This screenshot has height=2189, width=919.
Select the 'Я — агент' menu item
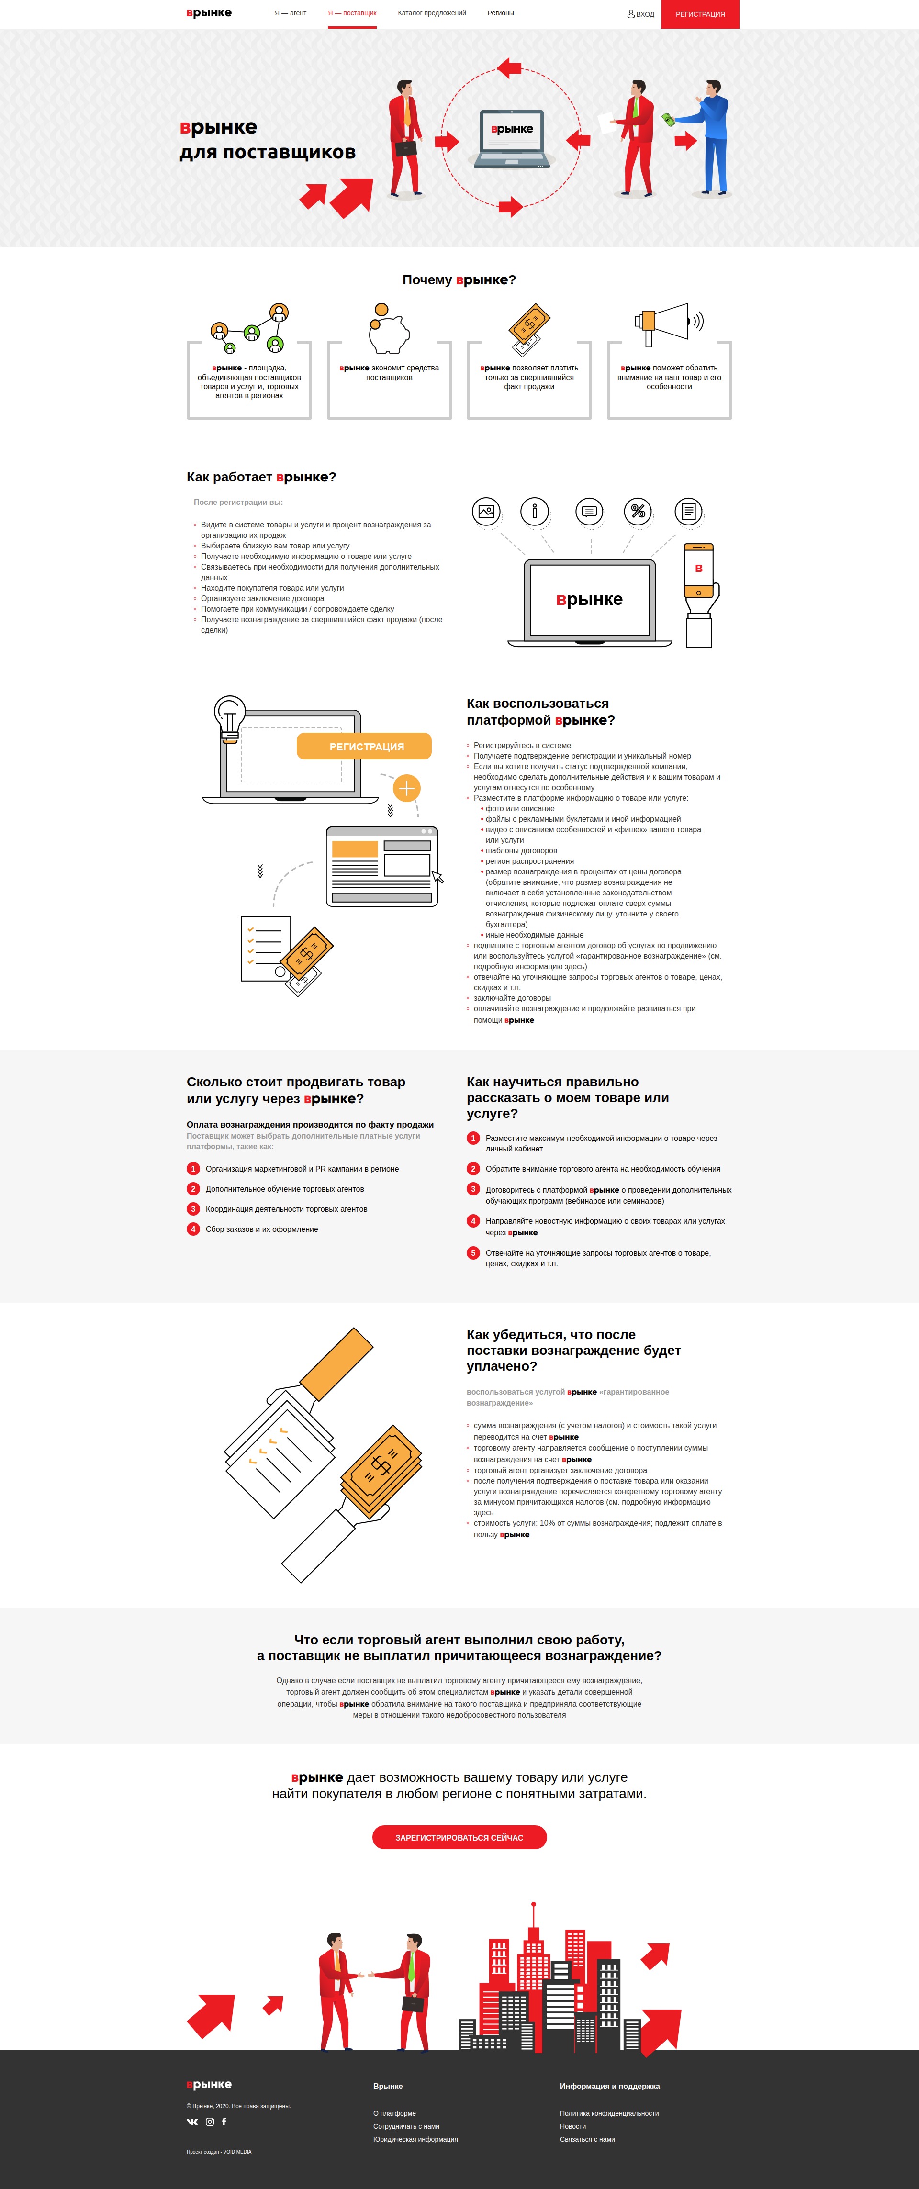point(290,13)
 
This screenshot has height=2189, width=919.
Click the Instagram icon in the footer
point(210,2122)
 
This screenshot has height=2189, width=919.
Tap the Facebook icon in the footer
point(224,2122)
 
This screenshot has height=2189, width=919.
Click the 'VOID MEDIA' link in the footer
point(237,2153)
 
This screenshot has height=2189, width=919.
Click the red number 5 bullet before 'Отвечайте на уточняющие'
point(473,1252)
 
